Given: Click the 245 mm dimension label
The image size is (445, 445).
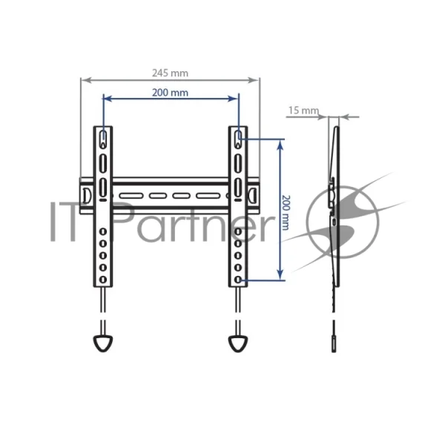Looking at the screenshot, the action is click(170, 73).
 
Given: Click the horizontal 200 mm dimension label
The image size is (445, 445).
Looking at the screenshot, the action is click(170, 93).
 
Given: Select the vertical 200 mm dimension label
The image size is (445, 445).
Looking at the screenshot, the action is click(286, 212).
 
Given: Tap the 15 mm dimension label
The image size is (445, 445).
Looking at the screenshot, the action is click(303, 111).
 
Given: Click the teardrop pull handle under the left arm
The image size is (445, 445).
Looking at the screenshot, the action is click(103, 343).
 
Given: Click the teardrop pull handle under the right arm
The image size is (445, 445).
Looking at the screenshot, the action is click(238, 343).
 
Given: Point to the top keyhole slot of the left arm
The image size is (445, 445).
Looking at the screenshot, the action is click(103, 139).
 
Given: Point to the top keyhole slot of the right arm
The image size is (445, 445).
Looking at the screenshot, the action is click(238, 139).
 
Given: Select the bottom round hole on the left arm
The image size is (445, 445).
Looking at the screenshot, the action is click(103, 280).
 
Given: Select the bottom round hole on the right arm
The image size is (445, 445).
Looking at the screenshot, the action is click(238, 280).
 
